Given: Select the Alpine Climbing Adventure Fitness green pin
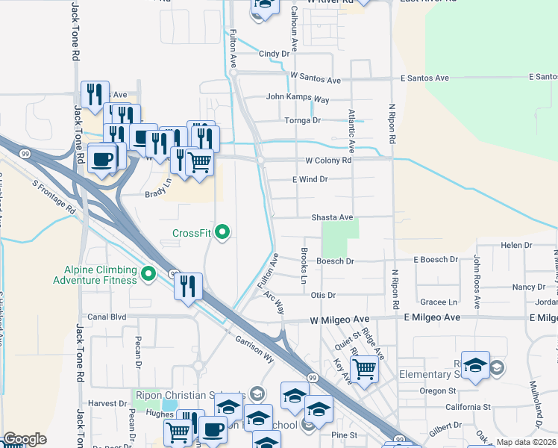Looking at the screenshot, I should coord(148,275).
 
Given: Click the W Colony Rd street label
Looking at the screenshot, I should coord(327,161).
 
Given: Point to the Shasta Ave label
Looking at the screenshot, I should coord(331,217).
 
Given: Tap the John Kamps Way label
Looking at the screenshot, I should coord(298,98).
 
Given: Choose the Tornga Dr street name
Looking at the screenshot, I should coord(302,120).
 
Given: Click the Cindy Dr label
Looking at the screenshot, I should coord(274,54).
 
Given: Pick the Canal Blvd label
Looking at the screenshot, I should coord(107,317).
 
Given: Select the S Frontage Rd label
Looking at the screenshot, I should coord(54,196).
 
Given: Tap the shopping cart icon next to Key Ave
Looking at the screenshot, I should coord(364,369).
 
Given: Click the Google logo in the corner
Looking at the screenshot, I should coord(24,439).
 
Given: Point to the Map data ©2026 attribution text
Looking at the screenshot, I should coord(526,442).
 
